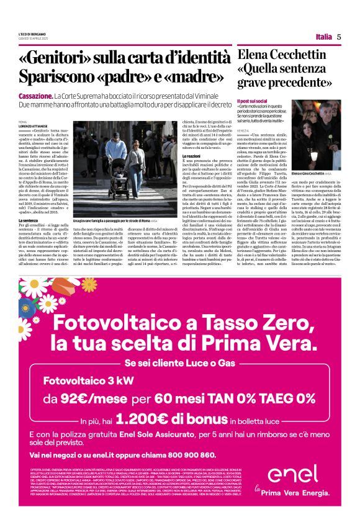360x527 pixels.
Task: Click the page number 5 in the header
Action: (x=339, y=37)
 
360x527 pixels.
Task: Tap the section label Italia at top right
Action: (x=323, y=37)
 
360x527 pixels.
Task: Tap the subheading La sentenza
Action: (x=30, y=221)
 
